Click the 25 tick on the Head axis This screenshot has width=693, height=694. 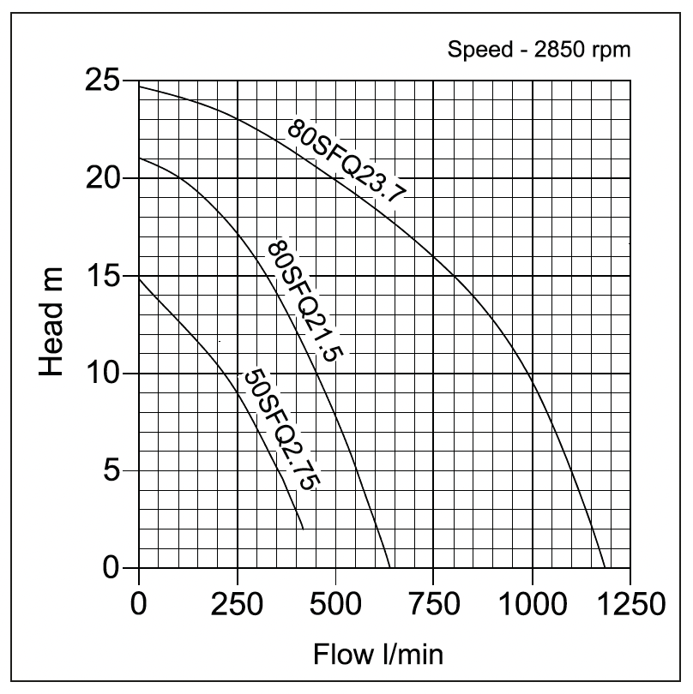click(104, 81)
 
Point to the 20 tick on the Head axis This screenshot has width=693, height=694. click(104, 178)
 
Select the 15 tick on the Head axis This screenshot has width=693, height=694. click(104, 276)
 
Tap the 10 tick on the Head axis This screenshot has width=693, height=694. click(104, 374)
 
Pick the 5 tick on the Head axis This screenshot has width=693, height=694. click(113, 470)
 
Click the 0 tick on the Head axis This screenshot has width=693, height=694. click(113, 568)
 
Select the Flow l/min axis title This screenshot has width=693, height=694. click(377, 655)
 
